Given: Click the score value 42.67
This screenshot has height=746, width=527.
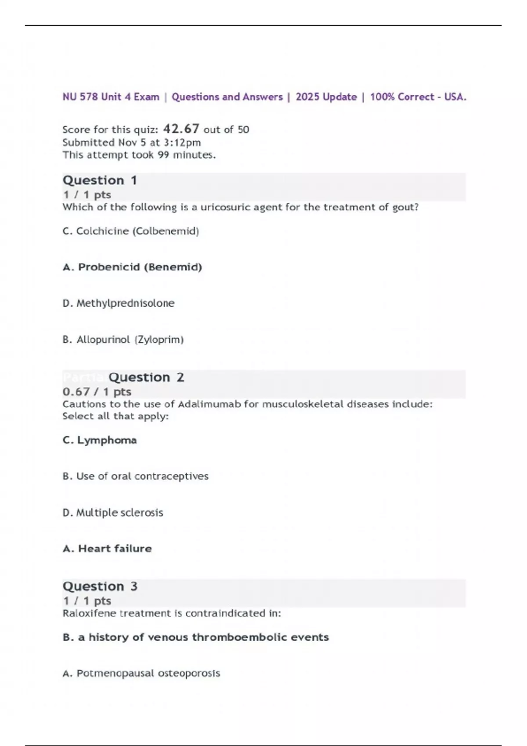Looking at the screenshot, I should pos(181,129).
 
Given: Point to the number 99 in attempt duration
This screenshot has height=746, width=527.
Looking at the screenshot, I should pos(163,155).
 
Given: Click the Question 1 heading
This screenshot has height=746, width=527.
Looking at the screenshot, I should pos(100,180).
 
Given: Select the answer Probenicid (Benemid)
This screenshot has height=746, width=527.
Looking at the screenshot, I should pos(132,267).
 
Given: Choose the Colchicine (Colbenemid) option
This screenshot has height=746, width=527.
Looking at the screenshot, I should pos(131,231).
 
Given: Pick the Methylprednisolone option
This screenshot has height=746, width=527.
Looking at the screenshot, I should pos(119,303).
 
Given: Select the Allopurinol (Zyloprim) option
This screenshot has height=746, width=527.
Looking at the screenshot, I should pos(123,340).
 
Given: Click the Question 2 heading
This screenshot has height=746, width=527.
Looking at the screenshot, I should pos(146,377).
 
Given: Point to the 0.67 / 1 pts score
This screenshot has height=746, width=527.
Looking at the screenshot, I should pos(97,391).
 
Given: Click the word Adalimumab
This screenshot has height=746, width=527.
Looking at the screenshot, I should pos(209,404).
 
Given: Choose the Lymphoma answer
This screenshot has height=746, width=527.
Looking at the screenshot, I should pos(100,440).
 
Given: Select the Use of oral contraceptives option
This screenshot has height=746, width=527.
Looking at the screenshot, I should pos(135,476).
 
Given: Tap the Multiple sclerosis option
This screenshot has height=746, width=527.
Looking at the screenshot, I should pos(113,513).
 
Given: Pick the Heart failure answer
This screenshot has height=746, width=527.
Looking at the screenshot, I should pos(107,549).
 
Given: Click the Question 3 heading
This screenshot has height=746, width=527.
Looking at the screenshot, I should pos(100,586).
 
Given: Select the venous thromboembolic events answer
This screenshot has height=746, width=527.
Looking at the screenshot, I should pos(195,637).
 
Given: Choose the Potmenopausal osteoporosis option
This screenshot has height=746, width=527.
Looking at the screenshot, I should pos(141,673).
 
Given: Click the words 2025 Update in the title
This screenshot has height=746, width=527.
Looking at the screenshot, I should pos(326,97).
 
